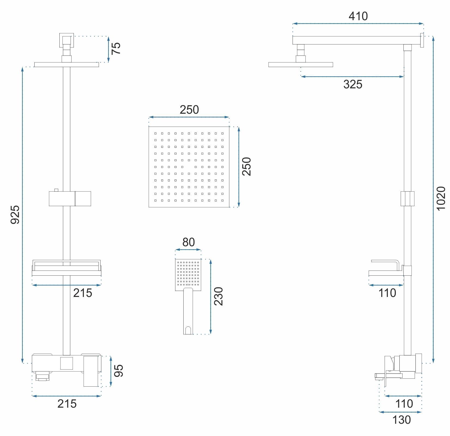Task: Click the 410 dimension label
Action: coord(358,16)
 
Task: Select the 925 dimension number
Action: coord(15,207)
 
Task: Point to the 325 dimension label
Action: coord(353,84)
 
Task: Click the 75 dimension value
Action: coord(116,49)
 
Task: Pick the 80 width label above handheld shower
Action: coord(188,242)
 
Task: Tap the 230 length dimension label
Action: coord(218,296)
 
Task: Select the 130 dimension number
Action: coord(401,420)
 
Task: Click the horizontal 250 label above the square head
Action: coord(189,110)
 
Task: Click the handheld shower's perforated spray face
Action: coord(188,273)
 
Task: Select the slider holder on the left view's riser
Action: coord(70,199)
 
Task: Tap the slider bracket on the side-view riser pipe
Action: coord(408,199)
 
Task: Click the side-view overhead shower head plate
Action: coord(301,65)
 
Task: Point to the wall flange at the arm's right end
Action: coord(422,40)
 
